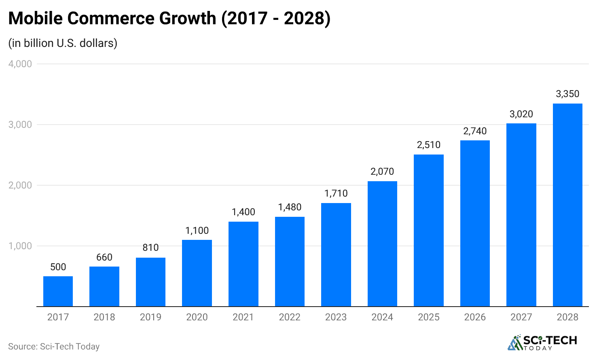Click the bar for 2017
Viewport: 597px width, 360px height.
click(58, 291)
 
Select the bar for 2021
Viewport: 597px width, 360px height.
click(243, 264)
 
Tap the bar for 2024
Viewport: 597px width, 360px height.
click(382, 244)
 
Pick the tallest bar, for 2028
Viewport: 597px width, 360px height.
click(567, 205)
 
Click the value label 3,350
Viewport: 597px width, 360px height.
click(567, 94)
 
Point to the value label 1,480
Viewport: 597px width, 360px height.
click(290, 207)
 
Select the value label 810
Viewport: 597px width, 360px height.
click(150, 248)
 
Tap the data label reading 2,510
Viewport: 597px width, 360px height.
click(429, 145)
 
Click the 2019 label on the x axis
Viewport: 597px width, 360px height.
click(150, 317)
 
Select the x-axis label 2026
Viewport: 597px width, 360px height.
click(475, 317)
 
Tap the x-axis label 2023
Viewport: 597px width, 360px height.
click(336, 317)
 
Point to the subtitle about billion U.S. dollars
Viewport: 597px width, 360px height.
click(63, 43)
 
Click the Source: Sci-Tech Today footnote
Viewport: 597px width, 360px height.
click(54, 347)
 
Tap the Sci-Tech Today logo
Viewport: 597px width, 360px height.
click(542, 343)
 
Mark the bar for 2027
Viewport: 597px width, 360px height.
click(521, 215)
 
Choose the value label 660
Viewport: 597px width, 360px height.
click(104, 257)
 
